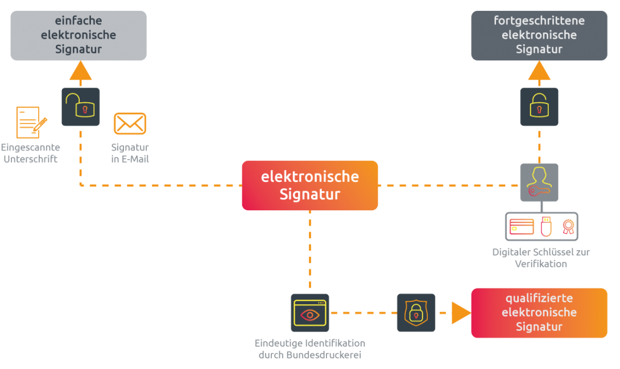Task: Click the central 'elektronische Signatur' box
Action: (309, 185)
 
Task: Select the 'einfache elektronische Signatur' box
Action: (78, 35)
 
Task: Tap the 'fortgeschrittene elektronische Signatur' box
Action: (539, 35)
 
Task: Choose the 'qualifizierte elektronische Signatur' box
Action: (539, 313)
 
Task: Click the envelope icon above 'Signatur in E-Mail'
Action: (130, 123)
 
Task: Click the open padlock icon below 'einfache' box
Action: (81, 106)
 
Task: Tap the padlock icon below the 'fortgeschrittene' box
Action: (539, 106)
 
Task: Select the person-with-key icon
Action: (539, 183)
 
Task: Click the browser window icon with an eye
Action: (310, 313)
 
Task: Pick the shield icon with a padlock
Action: (416, 313)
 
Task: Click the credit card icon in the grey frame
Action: (522, 226)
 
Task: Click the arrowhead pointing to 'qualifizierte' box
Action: (460, 313)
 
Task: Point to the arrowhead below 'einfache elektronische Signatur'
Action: (81, 71)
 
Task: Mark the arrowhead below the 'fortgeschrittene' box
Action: (539, 71)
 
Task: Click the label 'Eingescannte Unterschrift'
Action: (31, 154)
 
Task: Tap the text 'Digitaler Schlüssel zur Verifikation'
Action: (540, 258)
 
